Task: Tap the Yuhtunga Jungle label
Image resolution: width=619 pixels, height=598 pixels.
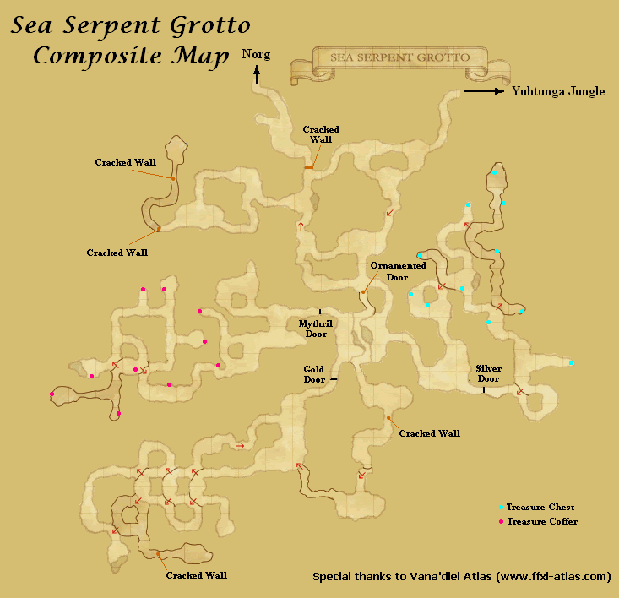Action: [x=558, y=92]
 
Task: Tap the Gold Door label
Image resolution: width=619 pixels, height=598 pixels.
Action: [x=314, y=374]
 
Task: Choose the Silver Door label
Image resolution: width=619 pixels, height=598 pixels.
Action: [x=488, y=373]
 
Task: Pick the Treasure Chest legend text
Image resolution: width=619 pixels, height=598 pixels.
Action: [x=540, y=508]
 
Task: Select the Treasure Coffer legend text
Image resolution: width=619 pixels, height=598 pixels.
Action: [x=542, y=521]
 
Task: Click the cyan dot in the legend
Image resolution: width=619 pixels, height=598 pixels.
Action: [x=501, y=508]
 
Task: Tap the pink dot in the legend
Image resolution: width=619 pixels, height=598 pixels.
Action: [x=501, y=522]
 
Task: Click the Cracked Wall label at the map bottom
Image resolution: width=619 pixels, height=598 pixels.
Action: [x=196, y=575]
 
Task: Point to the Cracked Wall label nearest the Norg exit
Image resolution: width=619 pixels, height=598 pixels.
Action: [x=321, y=134]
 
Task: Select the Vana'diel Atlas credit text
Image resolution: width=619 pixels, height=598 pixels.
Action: [x=461, y=577]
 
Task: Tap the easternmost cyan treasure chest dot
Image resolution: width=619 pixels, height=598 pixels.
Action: [x=572, y=362]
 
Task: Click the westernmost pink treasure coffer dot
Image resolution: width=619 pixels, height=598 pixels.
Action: [x=52, y=394]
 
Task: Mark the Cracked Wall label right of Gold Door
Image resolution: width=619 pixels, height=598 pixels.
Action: [x=429, y=433]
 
